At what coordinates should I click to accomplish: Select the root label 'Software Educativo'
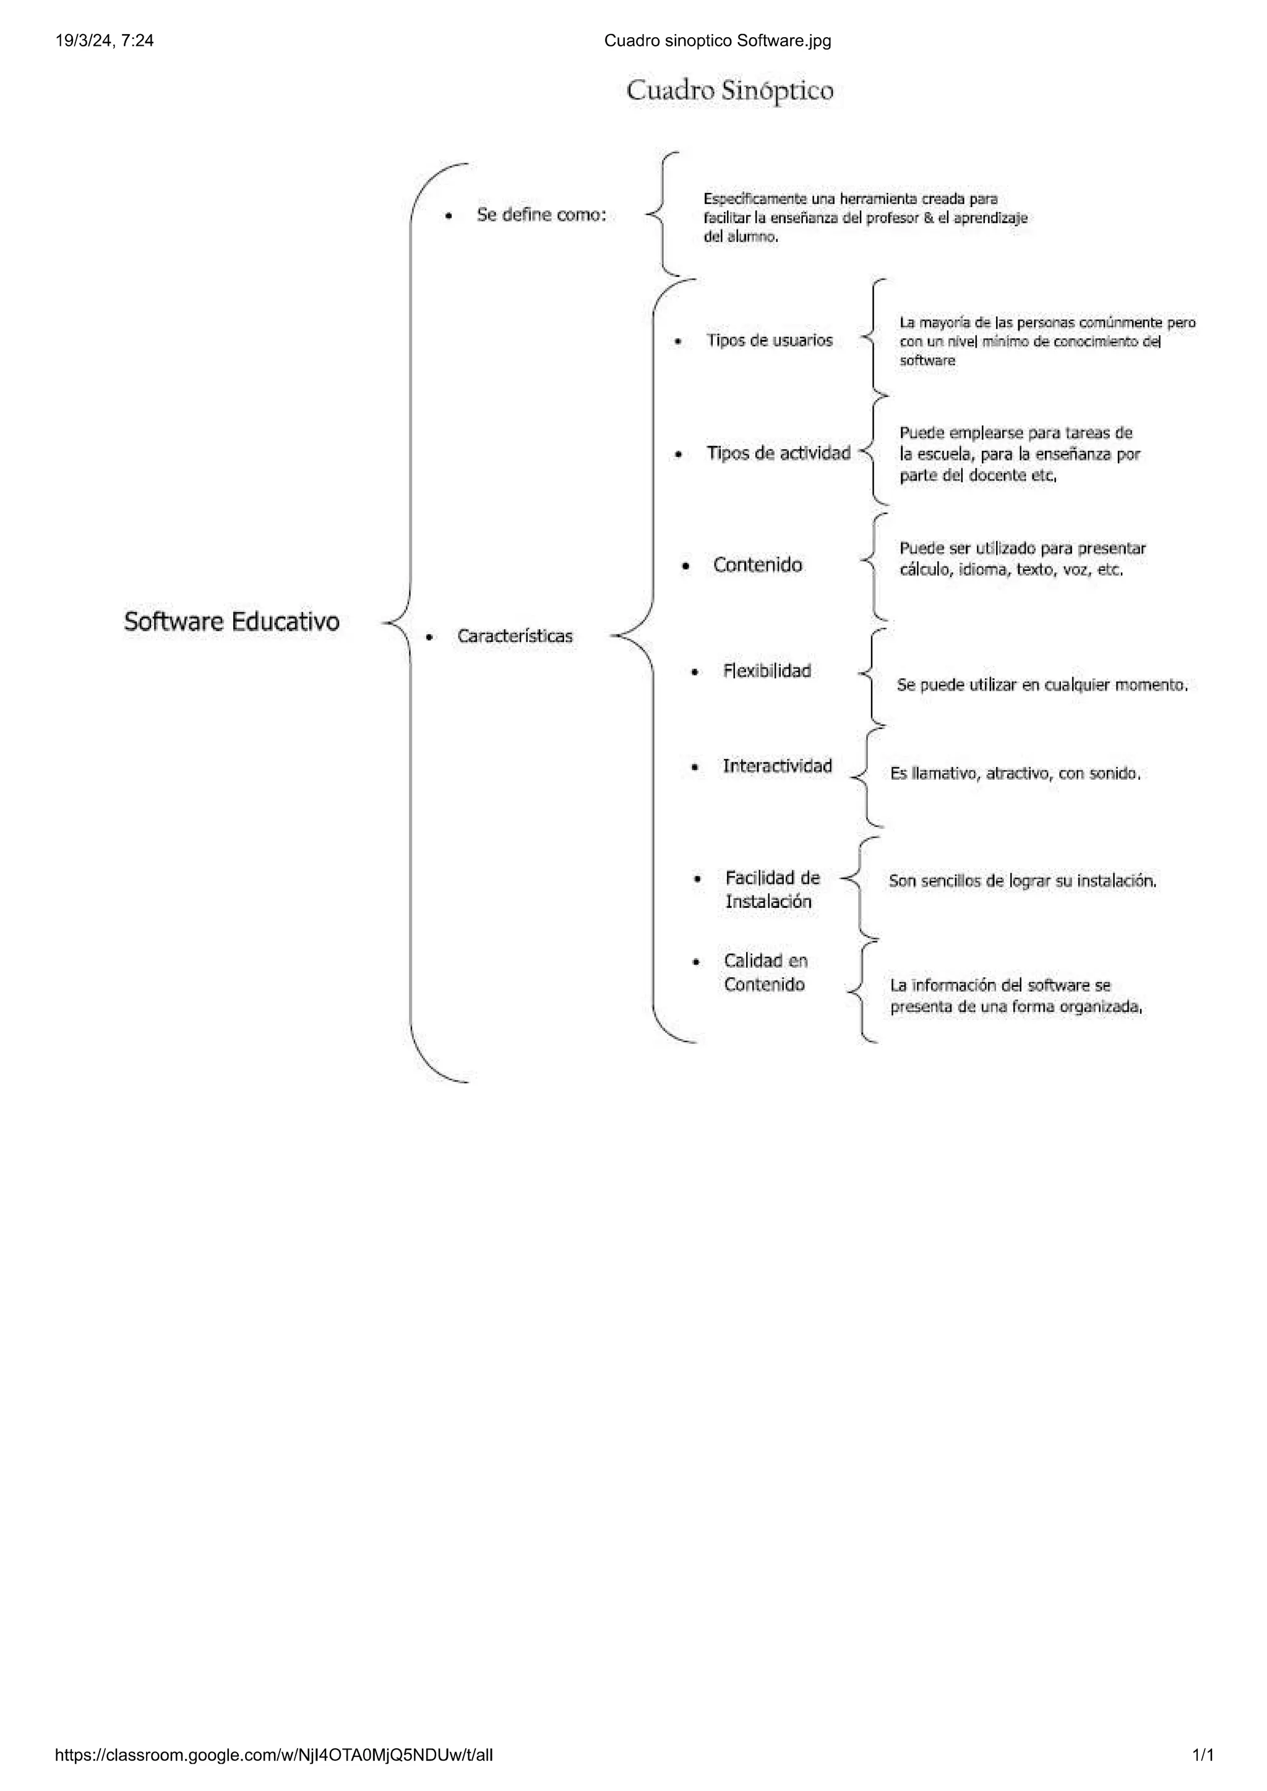232,622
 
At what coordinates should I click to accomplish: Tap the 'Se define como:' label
541,215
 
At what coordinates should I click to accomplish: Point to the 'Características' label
515,636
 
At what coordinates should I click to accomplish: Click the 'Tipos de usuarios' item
769,340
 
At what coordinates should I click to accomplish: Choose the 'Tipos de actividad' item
778,453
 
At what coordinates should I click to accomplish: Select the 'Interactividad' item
777,766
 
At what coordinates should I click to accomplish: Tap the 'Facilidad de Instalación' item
772,889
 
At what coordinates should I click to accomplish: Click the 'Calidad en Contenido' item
765,972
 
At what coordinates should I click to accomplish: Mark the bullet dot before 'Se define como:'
448,216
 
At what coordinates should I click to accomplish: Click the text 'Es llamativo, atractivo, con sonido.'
1015,774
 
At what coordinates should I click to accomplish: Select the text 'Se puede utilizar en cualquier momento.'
1042,685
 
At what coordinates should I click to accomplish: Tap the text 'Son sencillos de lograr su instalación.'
1022,881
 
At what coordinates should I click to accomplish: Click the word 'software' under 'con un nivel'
927,361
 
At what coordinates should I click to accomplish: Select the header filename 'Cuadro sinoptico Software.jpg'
717,41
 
